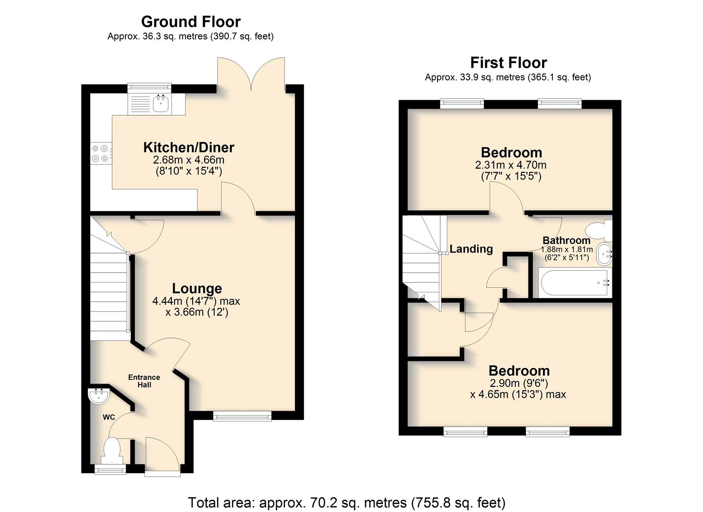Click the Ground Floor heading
click(191, 22)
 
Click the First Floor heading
click(508, 63)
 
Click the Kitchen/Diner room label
click(188, 147)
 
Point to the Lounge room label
click(197, 288)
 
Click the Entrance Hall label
click(144, 381)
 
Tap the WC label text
click(108, 417)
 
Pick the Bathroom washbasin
click(605, 254)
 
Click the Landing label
click(471, 249)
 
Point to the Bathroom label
click(567, 240)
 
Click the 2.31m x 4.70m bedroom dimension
click(511, 165)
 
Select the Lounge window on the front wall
click(242, 416)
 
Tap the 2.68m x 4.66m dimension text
click(188, 160)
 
